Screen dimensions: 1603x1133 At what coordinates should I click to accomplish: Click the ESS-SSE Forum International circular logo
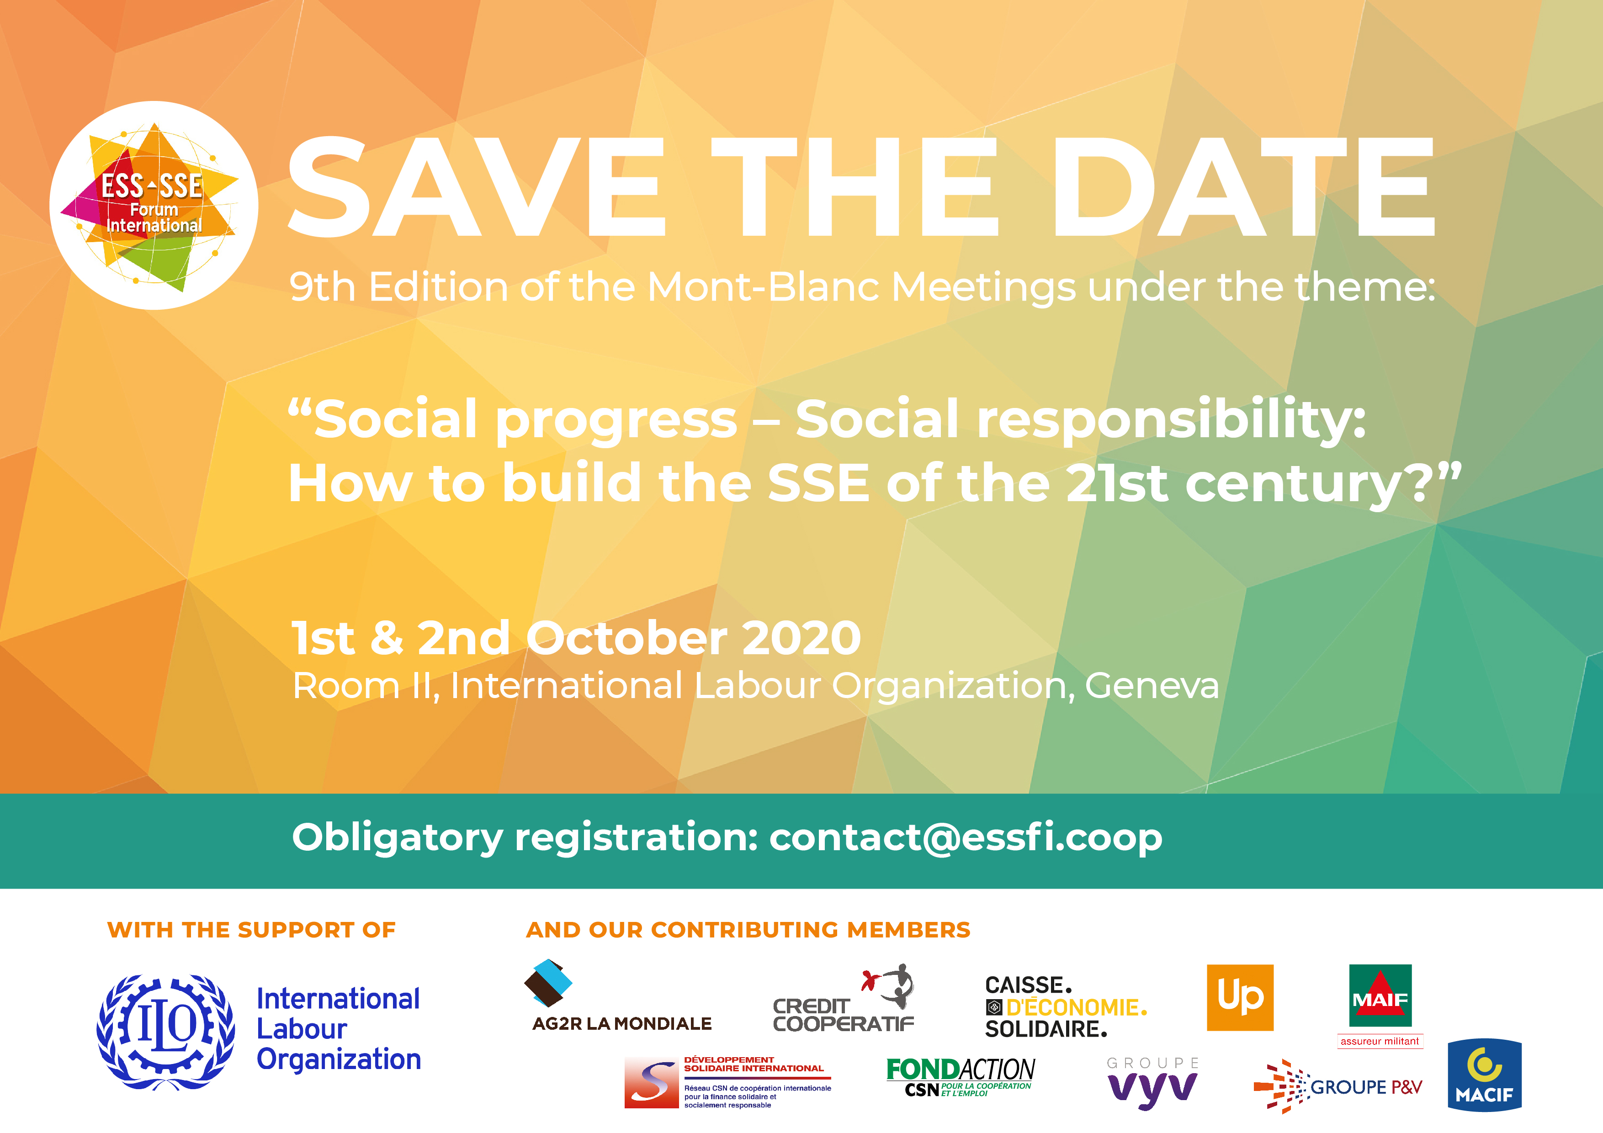154,205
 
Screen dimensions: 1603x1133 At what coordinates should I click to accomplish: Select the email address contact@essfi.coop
966,837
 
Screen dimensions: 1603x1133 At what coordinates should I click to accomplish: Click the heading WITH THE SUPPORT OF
251,930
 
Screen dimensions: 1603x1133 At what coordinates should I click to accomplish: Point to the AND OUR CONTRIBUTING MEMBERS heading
748,930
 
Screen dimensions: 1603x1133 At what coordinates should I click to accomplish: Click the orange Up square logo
1240,998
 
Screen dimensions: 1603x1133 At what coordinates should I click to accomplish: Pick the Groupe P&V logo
1338,1086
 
